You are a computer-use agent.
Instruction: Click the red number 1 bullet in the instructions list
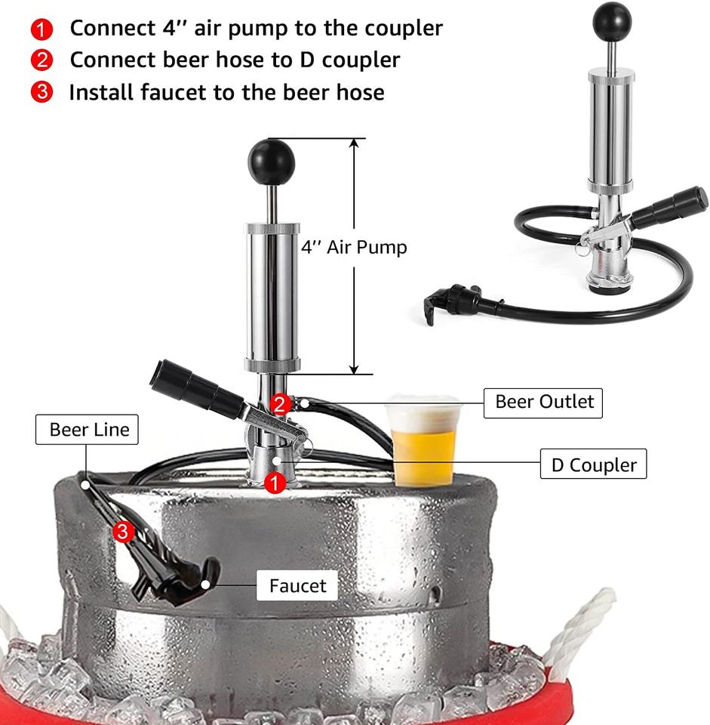tap(41, 29)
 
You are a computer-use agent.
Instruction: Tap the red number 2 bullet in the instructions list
tap(41, 60)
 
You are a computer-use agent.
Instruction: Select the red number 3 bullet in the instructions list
tap(41, 91)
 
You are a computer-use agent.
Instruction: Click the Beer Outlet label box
tap(542, 403)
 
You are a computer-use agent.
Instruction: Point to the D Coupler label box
tap(593, 463)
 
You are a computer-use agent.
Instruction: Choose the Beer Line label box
tap(87, 430)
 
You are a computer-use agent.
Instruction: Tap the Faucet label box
tap(297, 585)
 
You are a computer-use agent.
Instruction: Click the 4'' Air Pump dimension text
tap(354, 248)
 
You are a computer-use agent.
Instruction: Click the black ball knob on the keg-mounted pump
tap(271, 162)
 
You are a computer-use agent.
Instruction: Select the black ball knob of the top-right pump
tap(612, 21)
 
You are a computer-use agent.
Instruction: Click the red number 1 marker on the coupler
tap(275, 483)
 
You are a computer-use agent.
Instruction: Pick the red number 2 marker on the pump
tap(280, 405)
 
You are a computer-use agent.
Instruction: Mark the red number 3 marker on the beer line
tap(123, 531)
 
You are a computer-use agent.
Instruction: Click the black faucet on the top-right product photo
tap(453, 301)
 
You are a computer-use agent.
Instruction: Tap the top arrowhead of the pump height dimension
tap(354, 143)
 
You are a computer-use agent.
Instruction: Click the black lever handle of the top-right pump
tap(670, 208)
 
